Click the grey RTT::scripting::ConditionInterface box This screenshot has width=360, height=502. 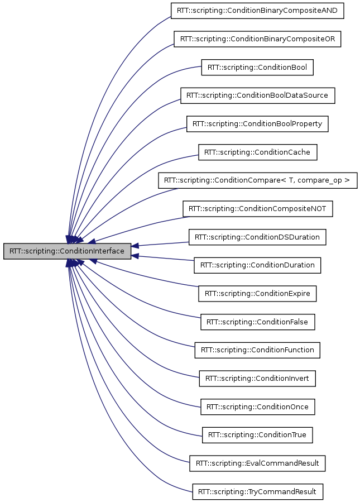click(x=67, y=251)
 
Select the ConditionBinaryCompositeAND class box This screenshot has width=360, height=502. click(x=257, y=11)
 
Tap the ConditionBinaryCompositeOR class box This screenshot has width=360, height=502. click(x=257, y=39)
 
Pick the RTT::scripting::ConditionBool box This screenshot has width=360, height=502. click(x=257, y=68)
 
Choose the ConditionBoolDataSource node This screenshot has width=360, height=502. click(x=257, y=95)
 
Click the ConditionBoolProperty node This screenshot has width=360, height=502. click(x=257, y=124)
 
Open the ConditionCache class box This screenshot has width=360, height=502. click(x=257, y=152)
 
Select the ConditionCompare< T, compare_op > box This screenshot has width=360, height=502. click(x=257, y=181)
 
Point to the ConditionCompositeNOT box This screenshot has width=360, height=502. click(x=257, y=209)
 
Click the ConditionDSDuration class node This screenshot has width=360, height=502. click(x=257, y=237)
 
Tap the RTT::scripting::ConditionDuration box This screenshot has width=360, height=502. click(x=257, y=265)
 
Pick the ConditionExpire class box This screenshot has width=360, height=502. click(x=257, y=293)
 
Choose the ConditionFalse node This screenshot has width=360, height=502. click(x=257, y=322)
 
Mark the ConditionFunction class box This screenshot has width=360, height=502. click(x=257, y=350)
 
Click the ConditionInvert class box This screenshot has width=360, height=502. click(x=257, y=379)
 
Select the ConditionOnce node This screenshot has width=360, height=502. click(x=257, y=407)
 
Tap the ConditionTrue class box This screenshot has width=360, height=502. click(x=257, y=435)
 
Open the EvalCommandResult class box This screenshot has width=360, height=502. click(x=257, y=463)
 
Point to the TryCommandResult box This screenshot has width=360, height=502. click(x=257, y=492)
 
